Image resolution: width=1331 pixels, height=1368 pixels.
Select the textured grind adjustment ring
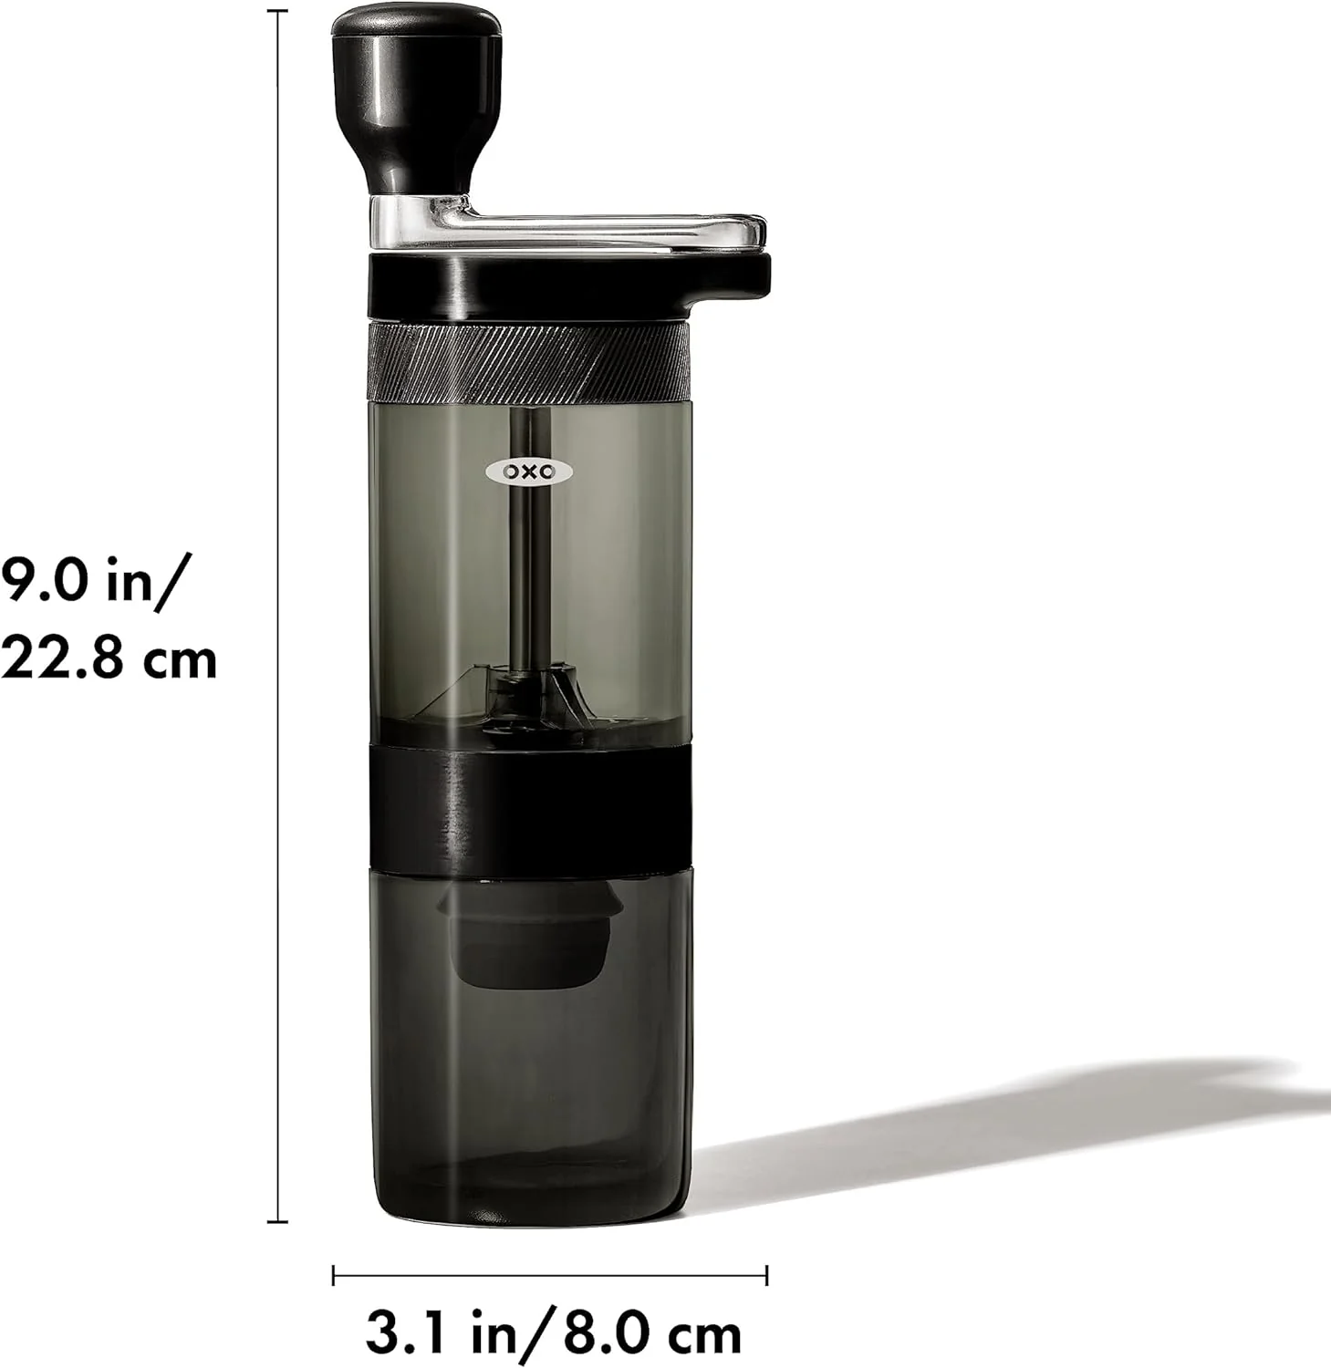coord(528,361)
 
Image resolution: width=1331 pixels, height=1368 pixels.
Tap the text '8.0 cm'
coord(651,1334)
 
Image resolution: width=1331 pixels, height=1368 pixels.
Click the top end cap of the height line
coord(277,11)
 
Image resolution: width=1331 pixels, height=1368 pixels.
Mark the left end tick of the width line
coord(334,1274)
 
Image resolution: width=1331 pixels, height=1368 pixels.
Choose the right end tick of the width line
coord(766,1274)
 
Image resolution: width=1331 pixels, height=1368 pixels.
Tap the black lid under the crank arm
coord(566,281)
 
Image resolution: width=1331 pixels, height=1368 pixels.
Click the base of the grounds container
coord(528,1204)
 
